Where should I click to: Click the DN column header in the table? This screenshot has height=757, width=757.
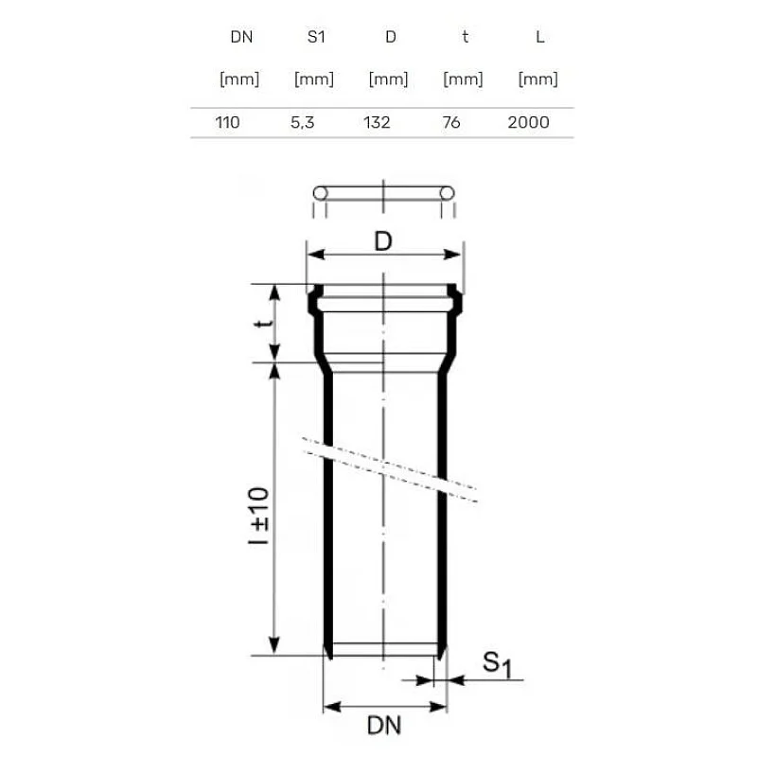point(241,37)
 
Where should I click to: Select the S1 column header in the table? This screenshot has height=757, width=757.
point(316,37)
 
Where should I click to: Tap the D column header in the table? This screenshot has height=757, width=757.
point(391,37)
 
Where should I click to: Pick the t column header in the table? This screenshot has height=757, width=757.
point(465,37)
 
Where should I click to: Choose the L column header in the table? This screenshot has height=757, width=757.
point(539,37)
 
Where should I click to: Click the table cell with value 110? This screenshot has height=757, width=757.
point(227,122)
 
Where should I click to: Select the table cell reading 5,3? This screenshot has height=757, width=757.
point(302,123)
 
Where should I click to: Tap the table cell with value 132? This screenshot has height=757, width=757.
point(377,122)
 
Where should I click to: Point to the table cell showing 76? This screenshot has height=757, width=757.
point(451,122)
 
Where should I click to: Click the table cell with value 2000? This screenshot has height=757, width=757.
point(528,122)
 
